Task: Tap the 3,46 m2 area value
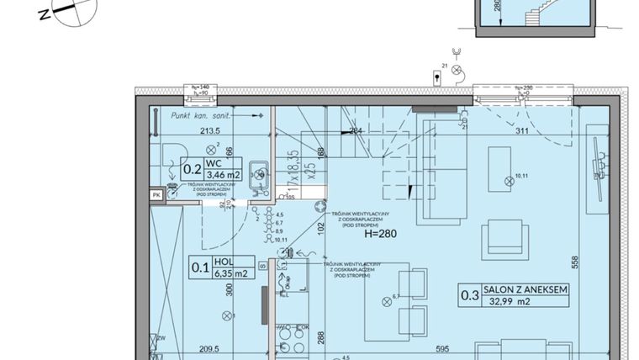click(x=224, y=176)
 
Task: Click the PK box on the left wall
click(x=156, y=195)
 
